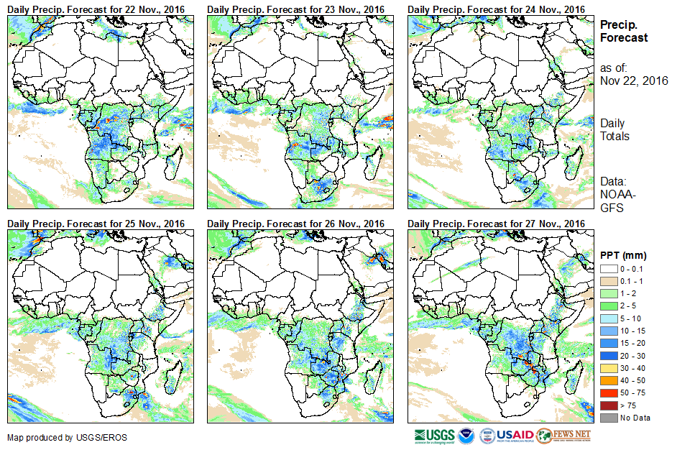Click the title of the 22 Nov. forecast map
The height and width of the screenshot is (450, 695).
pos(96,9)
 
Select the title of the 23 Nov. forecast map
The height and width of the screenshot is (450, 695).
pos(295,9)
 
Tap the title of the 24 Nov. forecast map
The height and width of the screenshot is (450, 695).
pos(496,9)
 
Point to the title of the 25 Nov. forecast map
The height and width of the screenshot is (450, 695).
pos(96,224)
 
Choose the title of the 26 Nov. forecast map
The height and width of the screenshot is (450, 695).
pos(295,224)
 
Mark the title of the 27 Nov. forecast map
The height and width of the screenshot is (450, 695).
pos(496,224)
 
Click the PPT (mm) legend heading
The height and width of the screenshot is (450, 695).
pos(624,255)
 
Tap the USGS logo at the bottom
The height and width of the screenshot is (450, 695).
pos(434,436)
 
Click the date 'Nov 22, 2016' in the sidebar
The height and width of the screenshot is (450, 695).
pos(634,81)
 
